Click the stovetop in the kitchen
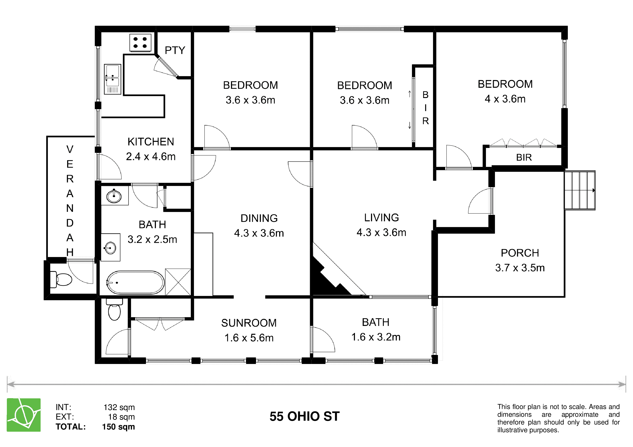pos(140,43)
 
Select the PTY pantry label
pos(175,50)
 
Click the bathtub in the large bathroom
pos(135,283)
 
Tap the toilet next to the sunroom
pos(114,310)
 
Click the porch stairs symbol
pos(580,190)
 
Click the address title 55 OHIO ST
pos(304,416)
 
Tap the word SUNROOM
pos(249,323)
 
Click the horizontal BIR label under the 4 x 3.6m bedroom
pos(524,157)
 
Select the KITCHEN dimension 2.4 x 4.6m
pos(151,156)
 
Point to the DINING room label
pos(259,218)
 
